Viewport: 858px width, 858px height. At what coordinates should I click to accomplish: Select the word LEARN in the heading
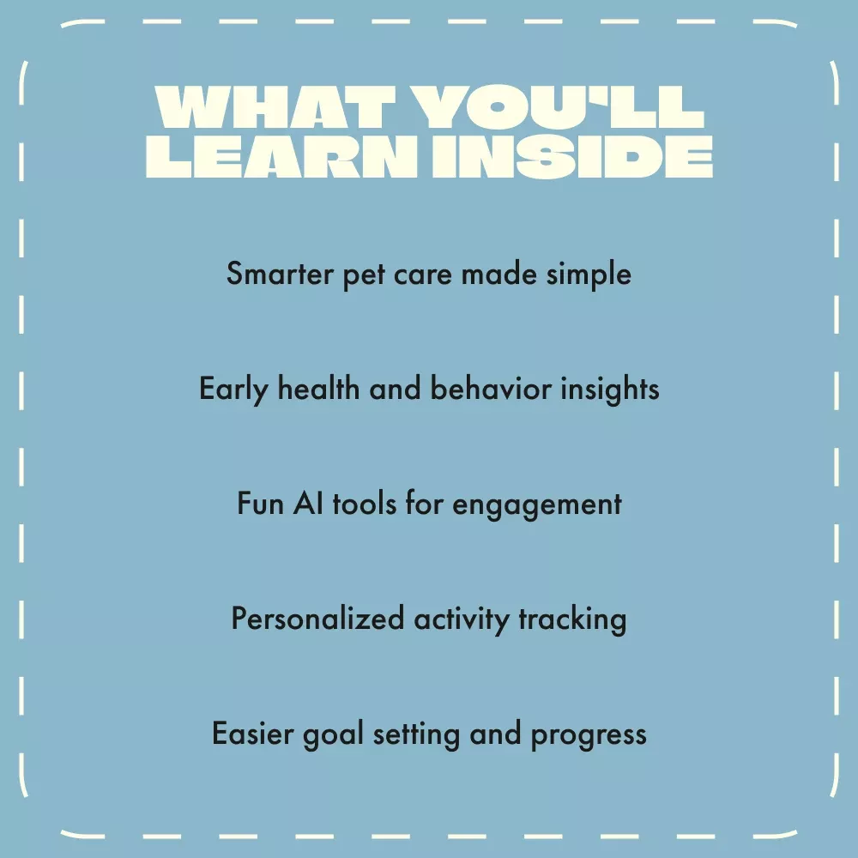tap(281, 157)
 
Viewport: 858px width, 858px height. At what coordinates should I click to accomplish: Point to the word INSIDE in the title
tap(572, 157)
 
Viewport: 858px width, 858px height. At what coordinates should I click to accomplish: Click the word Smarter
tap(280, 273)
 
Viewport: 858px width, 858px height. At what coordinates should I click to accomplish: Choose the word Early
tap(233, 390)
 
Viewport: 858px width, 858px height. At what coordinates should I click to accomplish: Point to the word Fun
tap(260, 504)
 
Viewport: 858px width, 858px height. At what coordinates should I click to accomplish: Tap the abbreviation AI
tap(308, 504)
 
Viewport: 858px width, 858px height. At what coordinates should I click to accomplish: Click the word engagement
tap(537, 505)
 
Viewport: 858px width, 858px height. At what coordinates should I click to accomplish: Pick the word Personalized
tap(318, 619)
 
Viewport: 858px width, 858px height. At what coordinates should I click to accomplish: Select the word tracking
tap(572, 620)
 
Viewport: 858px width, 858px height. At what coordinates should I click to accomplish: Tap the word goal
tap(333, 735)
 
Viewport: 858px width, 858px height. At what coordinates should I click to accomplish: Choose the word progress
tap(589, 736)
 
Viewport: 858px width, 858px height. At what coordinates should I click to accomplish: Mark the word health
tap(318, 389)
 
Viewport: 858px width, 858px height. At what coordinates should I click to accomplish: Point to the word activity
tap(462, 620)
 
